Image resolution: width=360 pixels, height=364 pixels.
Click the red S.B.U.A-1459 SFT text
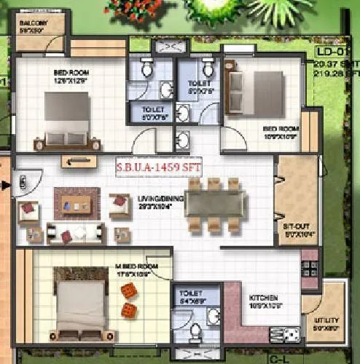158,167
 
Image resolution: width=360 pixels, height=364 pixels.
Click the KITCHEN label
262,299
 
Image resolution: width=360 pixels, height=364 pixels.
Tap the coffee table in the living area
77,202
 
